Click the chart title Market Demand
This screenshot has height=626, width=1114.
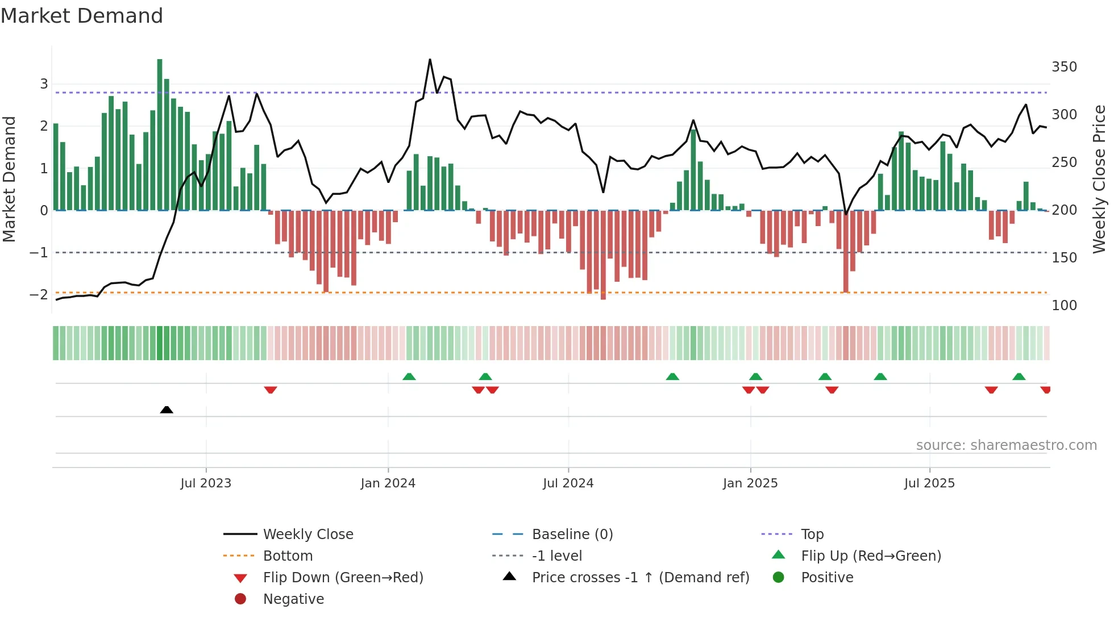[82, 16]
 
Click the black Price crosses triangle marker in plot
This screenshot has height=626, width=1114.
[167, 410]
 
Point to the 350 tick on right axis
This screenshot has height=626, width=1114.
[1064, 67]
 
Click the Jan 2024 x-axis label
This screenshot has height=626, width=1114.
[388, 483]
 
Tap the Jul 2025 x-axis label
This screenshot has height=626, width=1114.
[929, 483]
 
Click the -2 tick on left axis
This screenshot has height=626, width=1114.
[39, 294]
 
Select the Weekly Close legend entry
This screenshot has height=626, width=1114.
[307, 535]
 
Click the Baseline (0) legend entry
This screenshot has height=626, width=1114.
[572, 535]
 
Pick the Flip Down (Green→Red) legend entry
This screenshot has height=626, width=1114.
[343, 578]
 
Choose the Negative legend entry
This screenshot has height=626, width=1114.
[293, 599]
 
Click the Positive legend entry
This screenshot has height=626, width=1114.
[827, 578]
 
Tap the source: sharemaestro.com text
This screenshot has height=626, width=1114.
[1006, 445]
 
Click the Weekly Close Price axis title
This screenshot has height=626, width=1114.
[1099, 179]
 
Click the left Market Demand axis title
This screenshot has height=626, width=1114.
[9, 179]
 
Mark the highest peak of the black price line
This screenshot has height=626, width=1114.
[430, 60]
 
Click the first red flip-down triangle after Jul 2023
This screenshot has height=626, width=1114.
[271, 390]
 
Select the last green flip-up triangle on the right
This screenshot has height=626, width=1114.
[1019, 377]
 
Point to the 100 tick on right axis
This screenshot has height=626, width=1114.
[1064, 306]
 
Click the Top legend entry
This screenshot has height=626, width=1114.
[812, 535]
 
